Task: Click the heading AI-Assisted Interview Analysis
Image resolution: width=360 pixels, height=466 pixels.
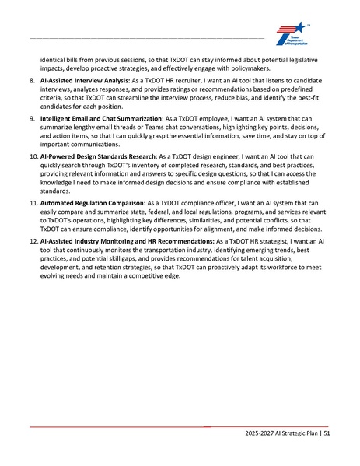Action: pyautogui.click(x=89, y=80)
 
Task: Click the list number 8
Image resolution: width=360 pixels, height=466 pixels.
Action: pyautogui.click(x=31, y=80)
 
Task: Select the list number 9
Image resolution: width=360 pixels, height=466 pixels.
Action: pyautogui.click(x=31, y=116)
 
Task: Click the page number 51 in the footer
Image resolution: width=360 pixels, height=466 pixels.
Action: pyautogui.click(x=327, y=433)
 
